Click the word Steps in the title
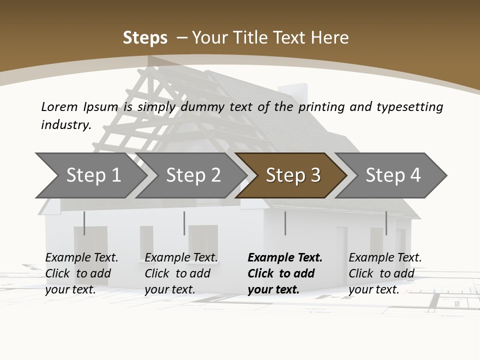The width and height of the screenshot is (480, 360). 145,38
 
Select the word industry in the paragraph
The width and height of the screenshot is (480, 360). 65,124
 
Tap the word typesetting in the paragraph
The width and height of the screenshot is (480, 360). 409,107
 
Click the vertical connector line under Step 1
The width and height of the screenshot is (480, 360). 84,223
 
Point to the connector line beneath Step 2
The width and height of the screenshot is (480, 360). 184,223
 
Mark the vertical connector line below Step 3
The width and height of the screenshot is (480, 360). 285,223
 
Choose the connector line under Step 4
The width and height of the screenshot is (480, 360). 386,223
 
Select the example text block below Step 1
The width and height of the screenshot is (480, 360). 81,273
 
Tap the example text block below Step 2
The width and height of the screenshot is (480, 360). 181,273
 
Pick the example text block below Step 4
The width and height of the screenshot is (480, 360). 385,273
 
